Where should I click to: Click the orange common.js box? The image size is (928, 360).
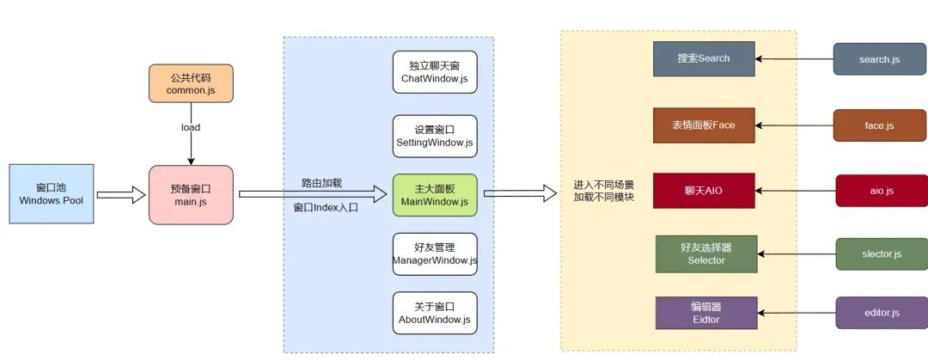[190, 83]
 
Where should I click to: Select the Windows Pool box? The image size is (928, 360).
[52, 194]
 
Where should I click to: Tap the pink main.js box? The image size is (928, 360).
[190, 195]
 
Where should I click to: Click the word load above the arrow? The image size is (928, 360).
[190, 127]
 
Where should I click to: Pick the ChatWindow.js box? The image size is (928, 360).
[435, 72]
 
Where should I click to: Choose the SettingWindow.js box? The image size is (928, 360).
[435, 136]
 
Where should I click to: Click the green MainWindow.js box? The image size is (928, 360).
[435, 195]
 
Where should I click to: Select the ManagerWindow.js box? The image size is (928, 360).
[435, 254]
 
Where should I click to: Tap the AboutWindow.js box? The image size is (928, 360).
[435, 313]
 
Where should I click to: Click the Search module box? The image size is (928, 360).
[704, 58]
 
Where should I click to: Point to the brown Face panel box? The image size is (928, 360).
[704, 125]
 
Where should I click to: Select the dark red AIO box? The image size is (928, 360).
[704, 190]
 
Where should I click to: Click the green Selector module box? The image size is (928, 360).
[706, 254]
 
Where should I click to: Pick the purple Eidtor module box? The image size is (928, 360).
[706, 313]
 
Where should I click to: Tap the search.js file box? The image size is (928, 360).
[879, 59]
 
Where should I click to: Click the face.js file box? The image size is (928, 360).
[879, 125]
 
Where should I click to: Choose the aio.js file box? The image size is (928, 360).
[882, 190]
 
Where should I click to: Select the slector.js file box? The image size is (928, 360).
[882, 254]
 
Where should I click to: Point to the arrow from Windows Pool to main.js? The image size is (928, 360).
[120, 195]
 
